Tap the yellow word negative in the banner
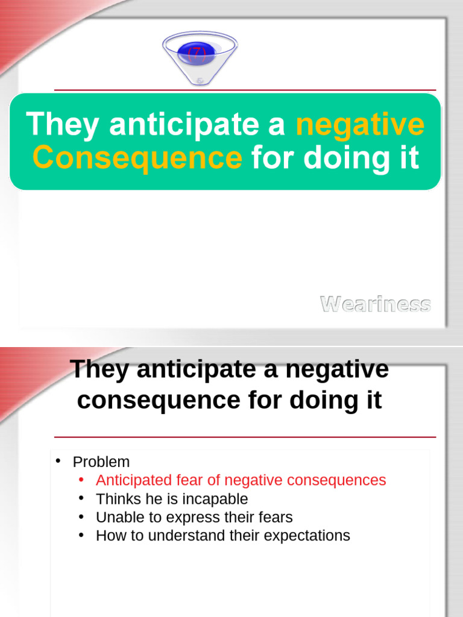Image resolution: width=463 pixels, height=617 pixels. click(360, 124)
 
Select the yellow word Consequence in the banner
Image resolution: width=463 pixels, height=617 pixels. click(137, 158)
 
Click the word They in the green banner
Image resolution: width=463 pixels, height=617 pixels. click(63, 124)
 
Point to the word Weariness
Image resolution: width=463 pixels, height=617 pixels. click(375, 304)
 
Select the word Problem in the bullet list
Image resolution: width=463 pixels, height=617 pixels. click(101, 462)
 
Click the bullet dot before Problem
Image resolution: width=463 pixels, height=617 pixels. click(58, 462)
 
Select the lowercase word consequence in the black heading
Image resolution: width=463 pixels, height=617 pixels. click(156, 400)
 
